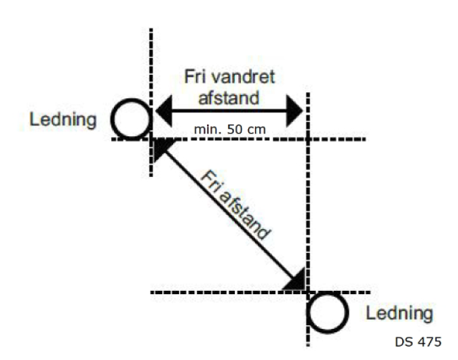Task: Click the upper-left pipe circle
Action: click(130, 120)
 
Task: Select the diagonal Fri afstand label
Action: click(235, 205)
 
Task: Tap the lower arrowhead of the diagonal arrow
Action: click(297, 280)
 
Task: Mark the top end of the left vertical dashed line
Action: click(151, 30)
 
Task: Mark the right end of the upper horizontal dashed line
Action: click(366, 139)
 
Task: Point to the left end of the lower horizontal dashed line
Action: click(152, 293)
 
